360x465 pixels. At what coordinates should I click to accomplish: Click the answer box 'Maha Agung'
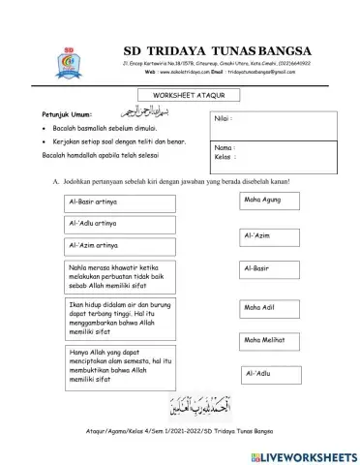point(267,201)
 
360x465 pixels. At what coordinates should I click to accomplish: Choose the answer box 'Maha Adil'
point(267,308)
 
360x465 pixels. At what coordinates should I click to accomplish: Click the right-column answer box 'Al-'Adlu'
point(267,373)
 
